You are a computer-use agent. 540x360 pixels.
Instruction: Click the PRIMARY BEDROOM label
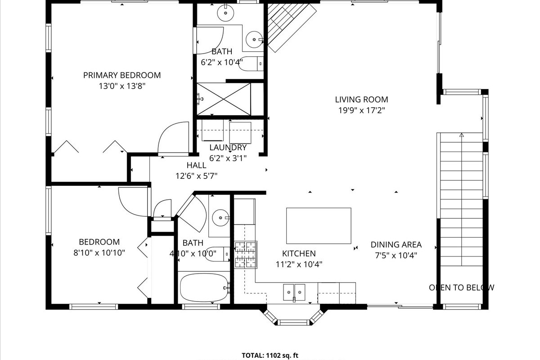coord(122,75)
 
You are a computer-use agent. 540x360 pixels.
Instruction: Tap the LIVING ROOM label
coord(361,99)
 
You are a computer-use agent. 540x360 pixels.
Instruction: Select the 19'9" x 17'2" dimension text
coord(361,110)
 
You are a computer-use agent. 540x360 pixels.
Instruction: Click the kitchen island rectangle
coord(319,226)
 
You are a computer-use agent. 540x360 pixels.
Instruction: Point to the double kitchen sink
coord(294,292)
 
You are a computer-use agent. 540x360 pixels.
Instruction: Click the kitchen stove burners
coord(245,255)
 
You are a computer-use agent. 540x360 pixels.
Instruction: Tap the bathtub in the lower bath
coord(204,287)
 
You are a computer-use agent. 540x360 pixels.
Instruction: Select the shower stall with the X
coord(224,99)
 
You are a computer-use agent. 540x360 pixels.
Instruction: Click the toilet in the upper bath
coord(251,63)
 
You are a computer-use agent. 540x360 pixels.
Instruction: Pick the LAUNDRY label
coord(228,147)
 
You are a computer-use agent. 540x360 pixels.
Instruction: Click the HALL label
coord(196,165)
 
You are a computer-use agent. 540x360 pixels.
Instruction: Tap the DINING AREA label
coord(396,244)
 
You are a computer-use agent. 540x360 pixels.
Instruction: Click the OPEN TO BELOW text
coord(461,288)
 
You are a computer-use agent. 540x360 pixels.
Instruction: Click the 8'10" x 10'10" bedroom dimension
coord(99,253)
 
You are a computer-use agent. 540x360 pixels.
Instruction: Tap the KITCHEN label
coord(299,253)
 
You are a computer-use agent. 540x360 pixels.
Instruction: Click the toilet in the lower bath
coord(217,254)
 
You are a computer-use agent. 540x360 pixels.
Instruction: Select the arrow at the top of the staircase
coord(461,135)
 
